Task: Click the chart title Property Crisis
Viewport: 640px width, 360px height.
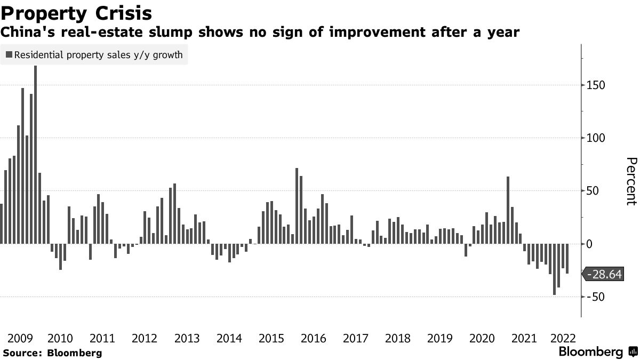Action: coord(76,13)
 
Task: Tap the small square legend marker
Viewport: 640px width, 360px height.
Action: coord(9,55)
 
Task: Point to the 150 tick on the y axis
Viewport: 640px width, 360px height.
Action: coord(596,85)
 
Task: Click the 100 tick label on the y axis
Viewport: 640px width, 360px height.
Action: coord(596,138)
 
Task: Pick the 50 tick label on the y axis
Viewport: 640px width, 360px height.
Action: coord(593,191)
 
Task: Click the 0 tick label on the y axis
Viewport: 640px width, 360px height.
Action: coord(590,244)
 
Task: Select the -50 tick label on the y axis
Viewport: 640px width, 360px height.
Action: coord(595,297)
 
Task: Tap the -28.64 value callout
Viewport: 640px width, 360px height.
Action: coord(604,274)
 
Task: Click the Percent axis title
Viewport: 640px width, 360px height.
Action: coord(630,181)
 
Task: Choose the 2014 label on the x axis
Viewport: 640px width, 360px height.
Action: coord(229,338)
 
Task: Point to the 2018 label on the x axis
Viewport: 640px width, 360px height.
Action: coord(397,338)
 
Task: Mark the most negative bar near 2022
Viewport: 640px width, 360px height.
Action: coord(555,269)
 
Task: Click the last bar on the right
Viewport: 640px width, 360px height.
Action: coord(567,259)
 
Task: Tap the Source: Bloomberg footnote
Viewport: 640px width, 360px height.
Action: coord(52,353)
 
